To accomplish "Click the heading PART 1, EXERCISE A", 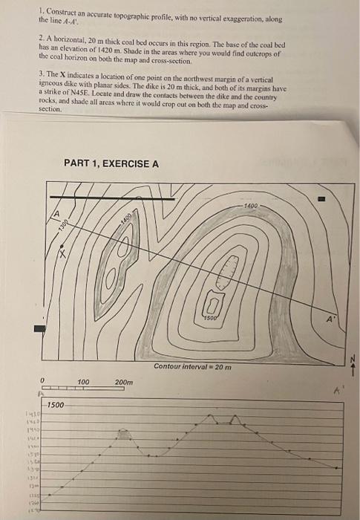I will click(x=111, y=163).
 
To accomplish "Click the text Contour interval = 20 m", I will click(x=192, y=367).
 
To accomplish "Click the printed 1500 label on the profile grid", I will click(x=56, y=406).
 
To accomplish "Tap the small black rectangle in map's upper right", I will click(x=321, y=199).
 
